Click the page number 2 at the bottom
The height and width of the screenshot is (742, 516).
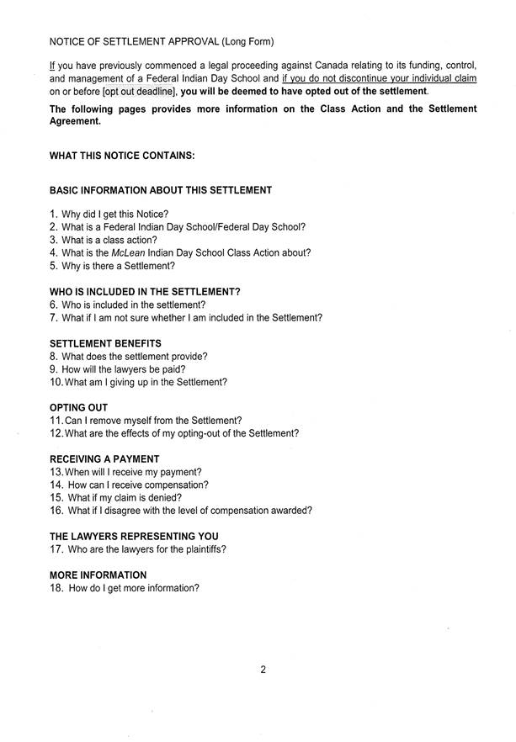263,670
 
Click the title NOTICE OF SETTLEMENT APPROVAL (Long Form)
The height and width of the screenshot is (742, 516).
162,40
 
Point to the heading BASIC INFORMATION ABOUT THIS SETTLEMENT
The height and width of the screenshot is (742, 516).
161,190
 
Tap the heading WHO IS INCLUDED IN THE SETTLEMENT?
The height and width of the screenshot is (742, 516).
145,291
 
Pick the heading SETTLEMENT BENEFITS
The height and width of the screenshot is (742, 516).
105,343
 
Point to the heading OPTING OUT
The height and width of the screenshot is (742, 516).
79,407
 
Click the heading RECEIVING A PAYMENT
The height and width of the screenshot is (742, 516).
104,458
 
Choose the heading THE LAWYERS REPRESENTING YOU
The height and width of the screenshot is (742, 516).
134,536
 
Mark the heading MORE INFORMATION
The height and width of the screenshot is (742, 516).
98,575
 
